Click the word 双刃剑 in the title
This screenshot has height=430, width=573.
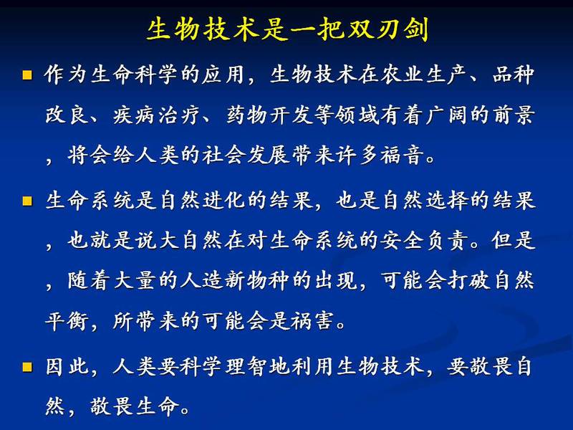pyautogui.click(x=387, y=29)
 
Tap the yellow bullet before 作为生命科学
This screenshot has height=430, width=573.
pyautogui.click(x=27, y=75)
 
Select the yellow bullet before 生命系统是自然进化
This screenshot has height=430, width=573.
pyautogui.click(x=27, y=201)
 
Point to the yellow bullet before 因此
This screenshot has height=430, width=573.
pyautogui.click(x=27, y=367)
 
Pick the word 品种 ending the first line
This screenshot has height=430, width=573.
pyautogui.click(x=514, y=75)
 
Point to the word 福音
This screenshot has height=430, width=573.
pyautogui.click(x=401, y=155)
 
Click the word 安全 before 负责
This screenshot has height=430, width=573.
pyautogui.click(x=401, y=241)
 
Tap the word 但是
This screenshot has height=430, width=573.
pyautogui.click(x=514, y=241)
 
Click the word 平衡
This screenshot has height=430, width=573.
pyautogui.click(x=67, y=321)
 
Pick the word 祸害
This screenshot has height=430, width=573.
pyautogui.click(x=312, y=321)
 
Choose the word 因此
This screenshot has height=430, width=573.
pyautogui.click(x=67, y=366)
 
